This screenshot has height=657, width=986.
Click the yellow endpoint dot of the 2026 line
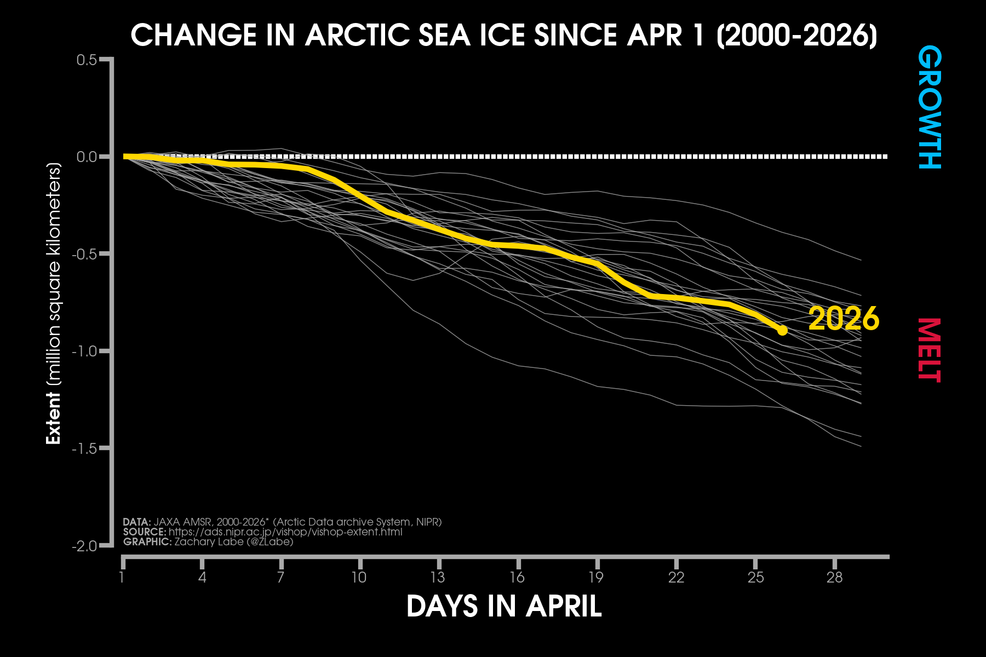coord(782,330)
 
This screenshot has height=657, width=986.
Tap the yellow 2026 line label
coord(844,319)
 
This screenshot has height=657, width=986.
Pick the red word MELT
coord(930,350)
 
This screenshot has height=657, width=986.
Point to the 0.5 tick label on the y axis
coord(87,60)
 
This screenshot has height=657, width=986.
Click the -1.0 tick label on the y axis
coord(84,351)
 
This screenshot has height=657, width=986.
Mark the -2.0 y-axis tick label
coord(84,546)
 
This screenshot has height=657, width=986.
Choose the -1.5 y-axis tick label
coord(84,448)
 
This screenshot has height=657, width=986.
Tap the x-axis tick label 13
coord(438,577)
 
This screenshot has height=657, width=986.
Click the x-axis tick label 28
coord(834,577)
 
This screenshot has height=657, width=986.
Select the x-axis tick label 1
coord(122,577)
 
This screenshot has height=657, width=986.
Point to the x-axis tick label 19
coord(596,577)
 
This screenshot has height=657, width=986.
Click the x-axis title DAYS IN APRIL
coord(504,607)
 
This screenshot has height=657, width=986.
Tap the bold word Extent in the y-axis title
coord(53,418)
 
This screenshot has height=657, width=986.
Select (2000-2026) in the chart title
coord(797,36)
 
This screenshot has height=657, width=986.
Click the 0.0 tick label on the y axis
coord(87,157)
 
